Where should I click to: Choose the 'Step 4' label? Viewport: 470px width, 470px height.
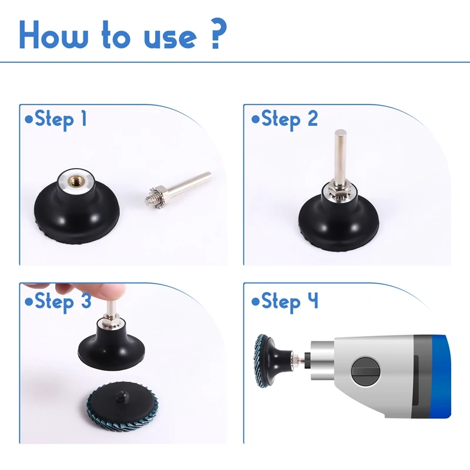pyautogui.click(x=284, y=302)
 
